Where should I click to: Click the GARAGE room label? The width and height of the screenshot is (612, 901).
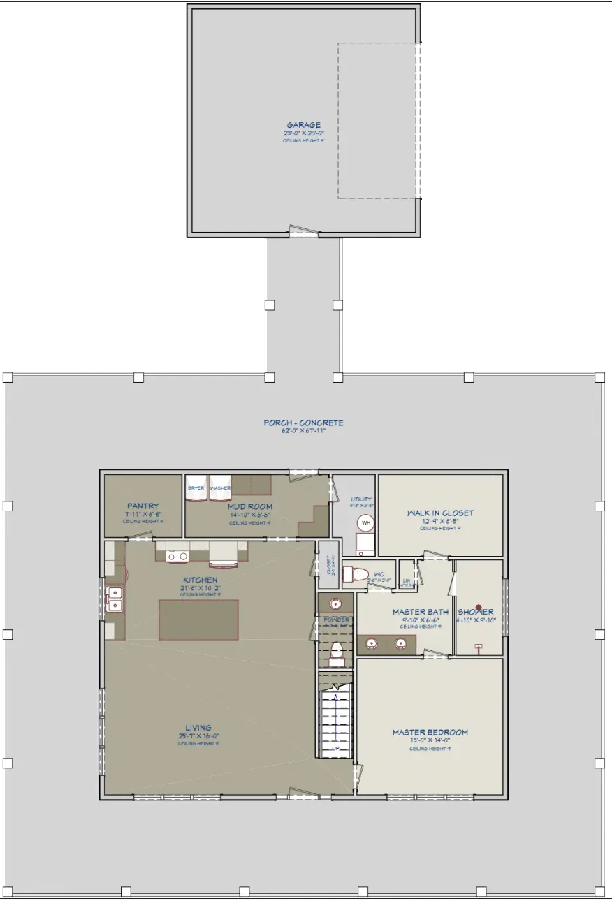pyautogui.click(x=303, y=126)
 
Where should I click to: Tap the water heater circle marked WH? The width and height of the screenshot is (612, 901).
pyautogui.click(x=365, y=522)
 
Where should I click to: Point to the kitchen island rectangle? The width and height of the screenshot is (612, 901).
pyautogui.click(x=198, y=620)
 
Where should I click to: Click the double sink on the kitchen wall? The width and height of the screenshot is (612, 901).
pyautogui.click(x=114, y=599)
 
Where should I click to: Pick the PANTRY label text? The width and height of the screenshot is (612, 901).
pyautogui.click(x=143, y=506)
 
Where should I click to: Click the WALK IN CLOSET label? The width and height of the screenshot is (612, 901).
pyautogui.click(x=440, y=513)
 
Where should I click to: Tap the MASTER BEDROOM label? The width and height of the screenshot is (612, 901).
pyautogui.click(x=430, y=732)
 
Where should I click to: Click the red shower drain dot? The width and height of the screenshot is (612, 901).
pyautogui.click(x=479, y=608)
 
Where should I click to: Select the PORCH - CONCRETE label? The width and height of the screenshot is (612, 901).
pyautogui.click(x=303, y=423)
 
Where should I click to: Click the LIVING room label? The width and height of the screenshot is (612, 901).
pyautogui.click(x=198, y=728)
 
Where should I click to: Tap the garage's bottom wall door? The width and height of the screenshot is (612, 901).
pyautogui.click(x=303, y=231)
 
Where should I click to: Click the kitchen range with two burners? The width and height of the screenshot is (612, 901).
pyautogui.click(x=177, y=556)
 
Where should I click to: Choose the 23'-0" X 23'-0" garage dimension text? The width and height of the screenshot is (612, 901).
pyautogui.click(x=303, y=133)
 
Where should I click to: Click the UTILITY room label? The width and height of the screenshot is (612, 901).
pyautogui.click(x=360, y=499)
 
